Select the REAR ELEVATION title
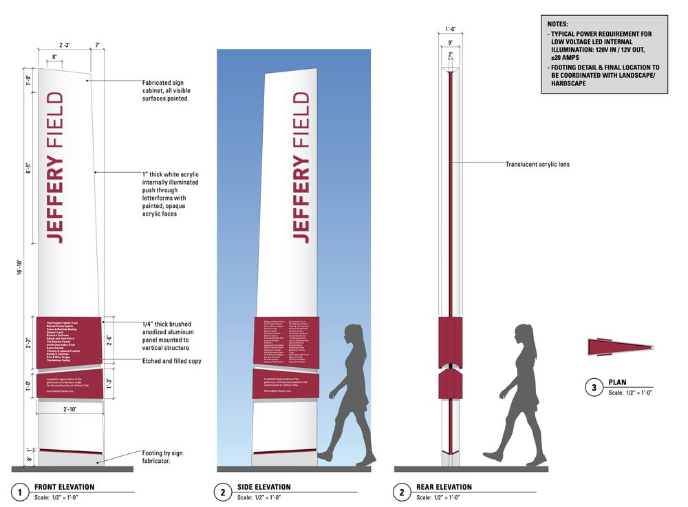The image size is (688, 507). point(444,487)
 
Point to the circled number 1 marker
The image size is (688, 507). point(21,492)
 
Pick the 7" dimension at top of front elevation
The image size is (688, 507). point(98,45)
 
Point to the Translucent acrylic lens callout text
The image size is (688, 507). point(537,164)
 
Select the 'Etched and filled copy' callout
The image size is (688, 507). point(171,361)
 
